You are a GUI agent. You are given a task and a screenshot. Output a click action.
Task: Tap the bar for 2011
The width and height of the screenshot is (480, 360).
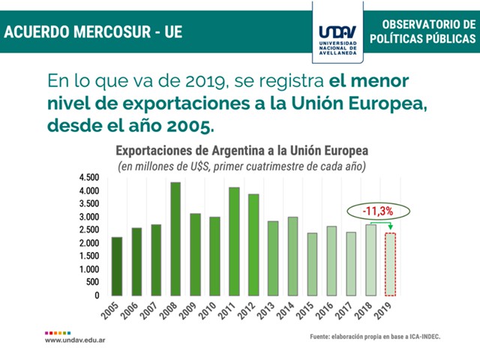pyautogui.click(x=234, y=241)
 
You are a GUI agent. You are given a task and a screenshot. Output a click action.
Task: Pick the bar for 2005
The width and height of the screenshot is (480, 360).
pyautogui.click(x=117, y=266)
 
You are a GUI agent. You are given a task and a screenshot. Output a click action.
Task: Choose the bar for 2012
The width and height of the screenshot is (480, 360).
pyautogui.click(x=253, y=244)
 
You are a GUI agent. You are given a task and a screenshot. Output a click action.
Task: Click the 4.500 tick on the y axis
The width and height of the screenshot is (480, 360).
pyautogui.click(x=88, y=177)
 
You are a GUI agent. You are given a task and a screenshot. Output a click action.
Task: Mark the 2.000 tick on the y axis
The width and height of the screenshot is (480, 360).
pyautogui.click(x=88, y=243)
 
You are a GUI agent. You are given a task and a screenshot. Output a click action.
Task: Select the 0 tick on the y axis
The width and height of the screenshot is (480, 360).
pyautogui.click(x=97, y=295)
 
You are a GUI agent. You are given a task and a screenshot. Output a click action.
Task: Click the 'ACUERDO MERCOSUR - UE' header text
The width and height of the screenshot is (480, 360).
pyautogui.click(x=93, y=32)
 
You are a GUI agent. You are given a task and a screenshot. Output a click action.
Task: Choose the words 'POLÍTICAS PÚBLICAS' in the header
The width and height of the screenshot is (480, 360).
pyautogui.click(x=430, y=39)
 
